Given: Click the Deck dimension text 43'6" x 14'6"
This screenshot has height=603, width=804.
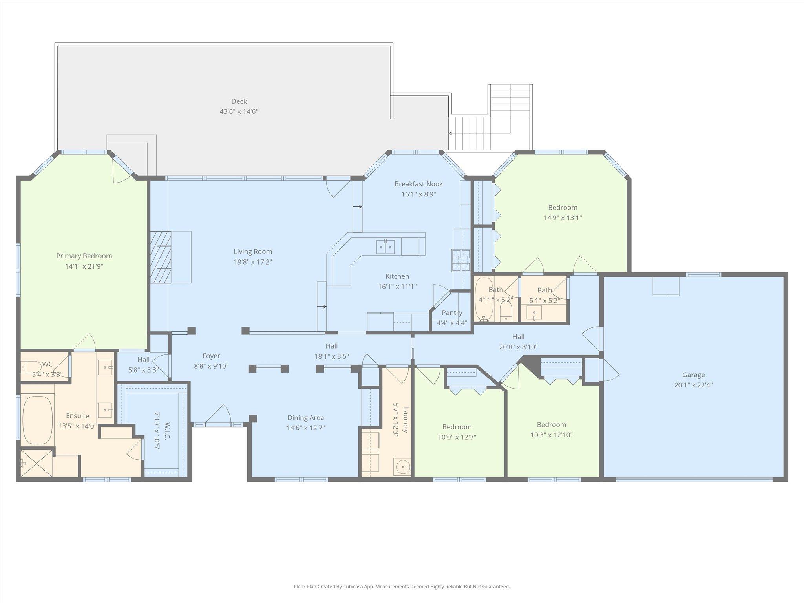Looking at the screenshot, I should [239, 111].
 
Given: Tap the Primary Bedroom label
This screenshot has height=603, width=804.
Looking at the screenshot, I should [84, 256].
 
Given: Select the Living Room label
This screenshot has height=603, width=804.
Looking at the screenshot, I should [253, 252].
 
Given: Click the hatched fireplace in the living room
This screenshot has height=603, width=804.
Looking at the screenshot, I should [161, 257].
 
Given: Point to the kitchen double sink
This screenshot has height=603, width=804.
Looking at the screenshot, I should [385, 247].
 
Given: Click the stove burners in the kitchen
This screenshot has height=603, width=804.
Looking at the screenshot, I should [461, 261].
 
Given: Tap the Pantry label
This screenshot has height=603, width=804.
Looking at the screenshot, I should [452, 313].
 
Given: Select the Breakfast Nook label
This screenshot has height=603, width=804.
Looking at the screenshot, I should [418, 184].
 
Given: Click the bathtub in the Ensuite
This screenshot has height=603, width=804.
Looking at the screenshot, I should [38, 420].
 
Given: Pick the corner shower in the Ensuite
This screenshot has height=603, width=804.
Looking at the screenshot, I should [36, 464].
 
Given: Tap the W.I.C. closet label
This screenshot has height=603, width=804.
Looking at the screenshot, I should [167, 431].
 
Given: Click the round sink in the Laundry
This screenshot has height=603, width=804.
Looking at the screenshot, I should [403, 467].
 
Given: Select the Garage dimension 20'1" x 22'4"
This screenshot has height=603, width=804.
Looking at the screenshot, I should [693, 385].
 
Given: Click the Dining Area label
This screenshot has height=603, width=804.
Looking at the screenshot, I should [305, 418].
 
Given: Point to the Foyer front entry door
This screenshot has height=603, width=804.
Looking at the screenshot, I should [218, 416].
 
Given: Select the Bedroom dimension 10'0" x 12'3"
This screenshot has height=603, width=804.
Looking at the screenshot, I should [457, 437].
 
